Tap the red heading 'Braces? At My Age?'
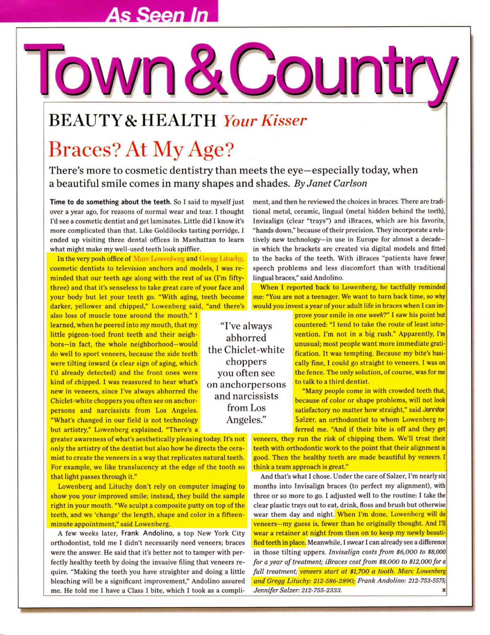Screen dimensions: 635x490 141,150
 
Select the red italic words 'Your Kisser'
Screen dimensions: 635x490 265,121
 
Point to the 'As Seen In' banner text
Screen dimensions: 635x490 158,15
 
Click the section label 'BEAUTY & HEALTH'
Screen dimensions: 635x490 132,121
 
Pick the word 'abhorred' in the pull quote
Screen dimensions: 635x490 246,338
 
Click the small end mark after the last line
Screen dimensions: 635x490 443,590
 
